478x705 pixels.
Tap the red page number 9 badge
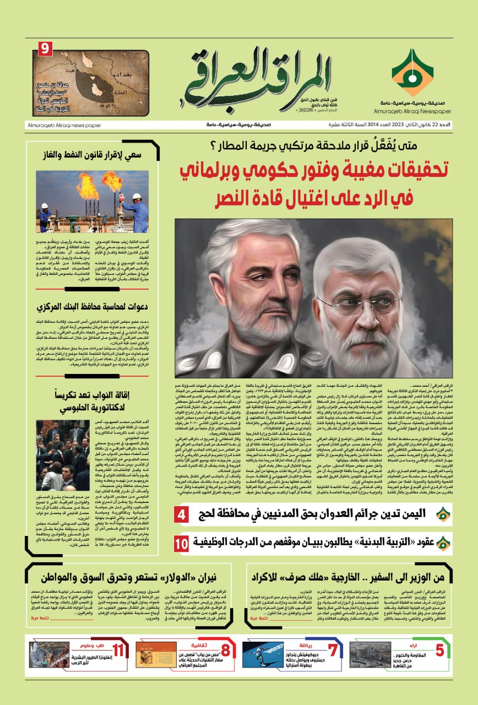click(x=45, y=49)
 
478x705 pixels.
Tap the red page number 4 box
click(x=182, y=516)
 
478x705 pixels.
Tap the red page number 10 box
click(x=182, y=543)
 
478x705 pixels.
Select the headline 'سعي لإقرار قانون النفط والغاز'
click(x=91, y=154)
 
